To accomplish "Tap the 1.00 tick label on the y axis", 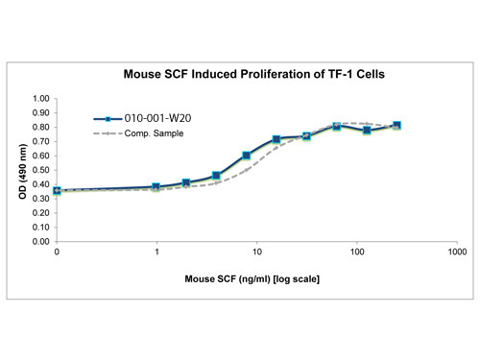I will (39, 99).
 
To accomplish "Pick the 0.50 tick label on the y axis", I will (39, 170).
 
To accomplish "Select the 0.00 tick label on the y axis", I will (39, 242).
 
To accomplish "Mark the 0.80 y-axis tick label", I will (39, 128).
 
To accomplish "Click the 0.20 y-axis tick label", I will (39, 213).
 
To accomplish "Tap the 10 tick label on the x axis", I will (256, 252).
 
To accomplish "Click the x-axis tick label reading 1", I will (156, 252).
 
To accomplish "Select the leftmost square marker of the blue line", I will (57, 191).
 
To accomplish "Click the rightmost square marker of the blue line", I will (396, 126).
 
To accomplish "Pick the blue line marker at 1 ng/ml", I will (156, 187).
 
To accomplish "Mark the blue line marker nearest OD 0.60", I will (247, 156).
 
